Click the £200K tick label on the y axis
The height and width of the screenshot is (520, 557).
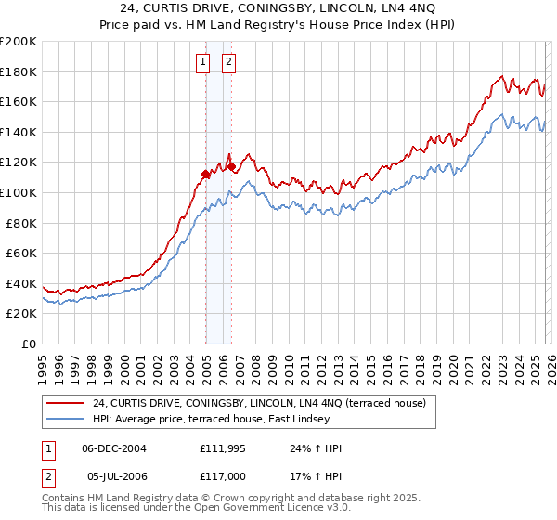pyautogui.click(x=18, y=42)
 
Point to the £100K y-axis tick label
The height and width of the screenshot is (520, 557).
pyautogui.click(x=18, y=192)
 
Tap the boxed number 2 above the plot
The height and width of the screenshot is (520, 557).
pyautogui.click(x=227, y=62)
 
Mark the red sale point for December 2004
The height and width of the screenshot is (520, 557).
pyautogui.click(x=205, y=174)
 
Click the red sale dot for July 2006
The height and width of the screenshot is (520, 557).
pyautogui.click(x=231, y=167)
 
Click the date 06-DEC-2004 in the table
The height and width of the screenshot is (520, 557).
pyautogui.click(x=114, y=448)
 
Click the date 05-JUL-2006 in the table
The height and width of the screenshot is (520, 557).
pyautogui.click(x=114, y=476)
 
